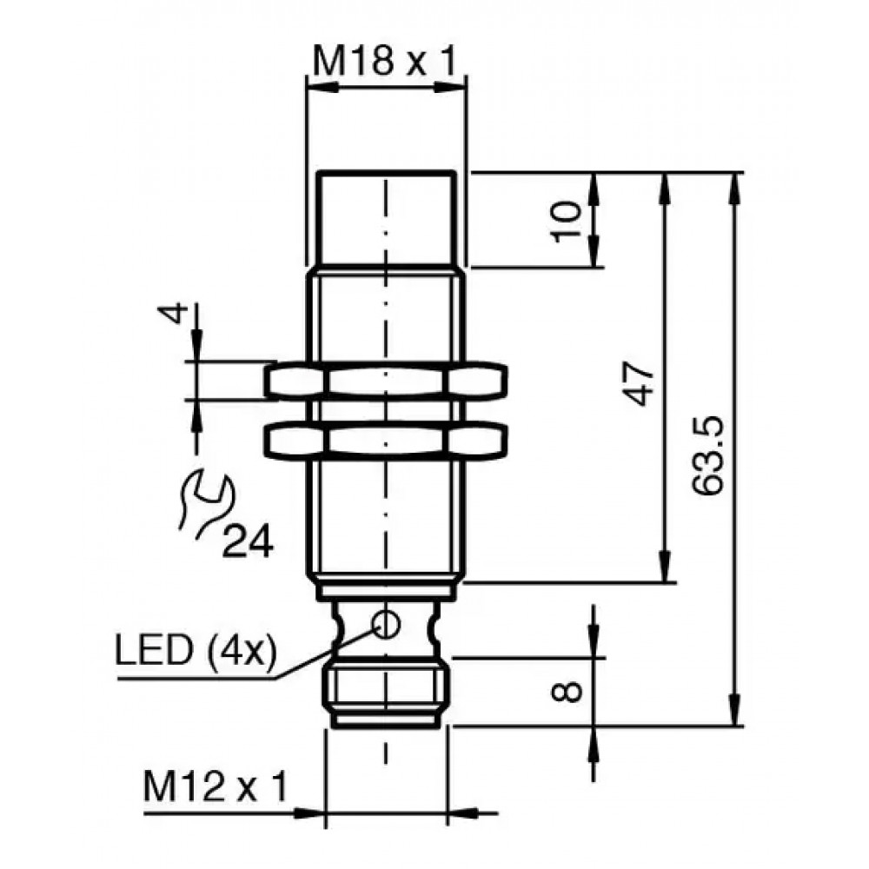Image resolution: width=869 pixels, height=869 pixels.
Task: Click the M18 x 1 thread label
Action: [x=385, y=61]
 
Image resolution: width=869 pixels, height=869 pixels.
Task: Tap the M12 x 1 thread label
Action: [x=216, y=786]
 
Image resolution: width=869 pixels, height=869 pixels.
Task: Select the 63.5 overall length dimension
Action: [x=708, y=454]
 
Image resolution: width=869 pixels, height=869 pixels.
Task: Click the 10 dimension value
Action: [x=567, y=221]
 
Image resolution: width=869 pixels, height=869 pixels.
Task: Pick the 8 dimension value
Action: [x=567, y=692]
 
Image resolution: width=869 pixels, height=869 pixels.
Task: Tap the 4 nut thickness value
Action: [x=173, y=314]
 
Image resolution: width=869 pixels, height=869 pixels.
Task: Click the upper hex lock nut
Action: [x=386, y=381]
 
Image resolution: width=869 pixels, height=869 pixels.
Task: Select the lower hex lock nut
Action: [x=386, y=441]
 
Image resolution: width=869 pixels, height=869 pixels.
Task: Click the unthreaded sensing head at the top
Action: [x=387, y=220]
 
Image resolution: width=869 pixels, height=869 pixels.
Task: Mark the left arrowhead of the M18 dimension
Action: [x=322, y=87]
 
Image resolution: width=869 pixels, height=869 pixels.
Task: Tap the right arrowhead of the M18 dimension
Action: [x=450, y=87]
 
